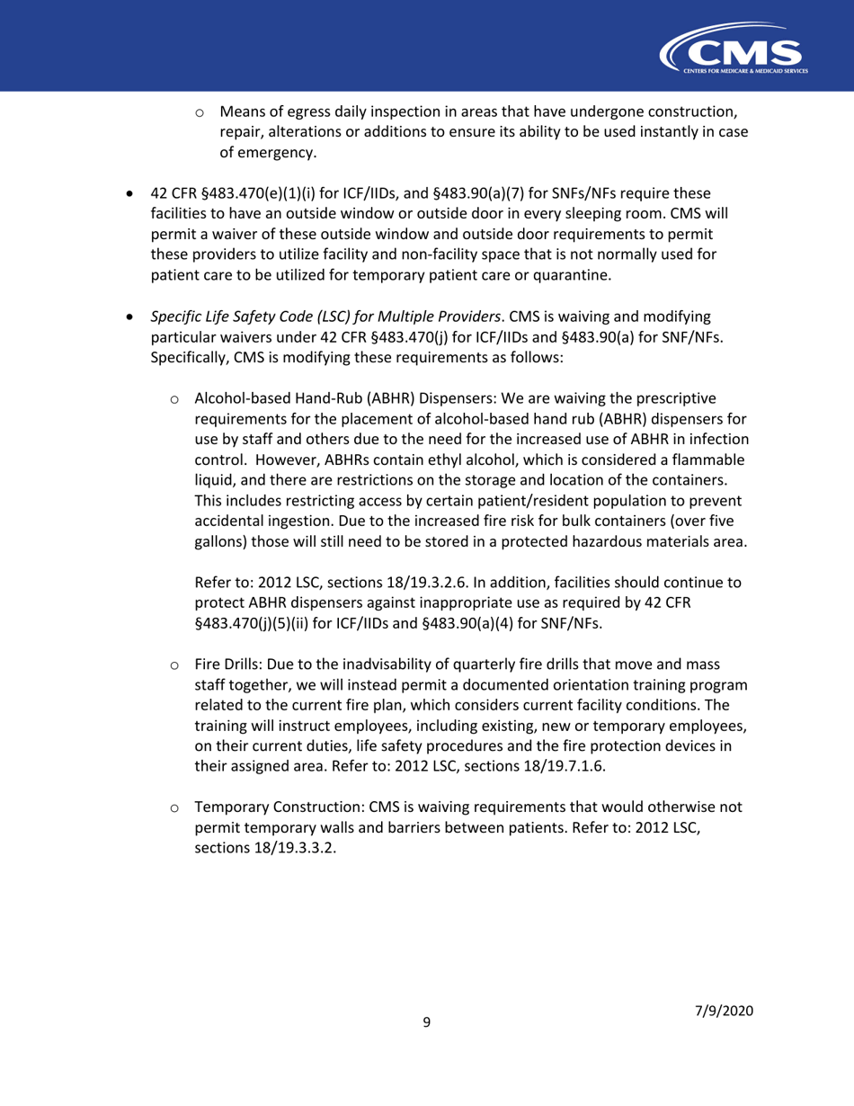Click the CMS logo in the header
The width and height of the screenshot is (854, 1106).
734,51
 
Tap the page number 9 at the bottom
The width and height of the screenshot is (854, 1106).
427,1021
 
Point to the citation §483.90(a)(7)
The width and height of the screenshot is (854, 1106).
455,193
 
